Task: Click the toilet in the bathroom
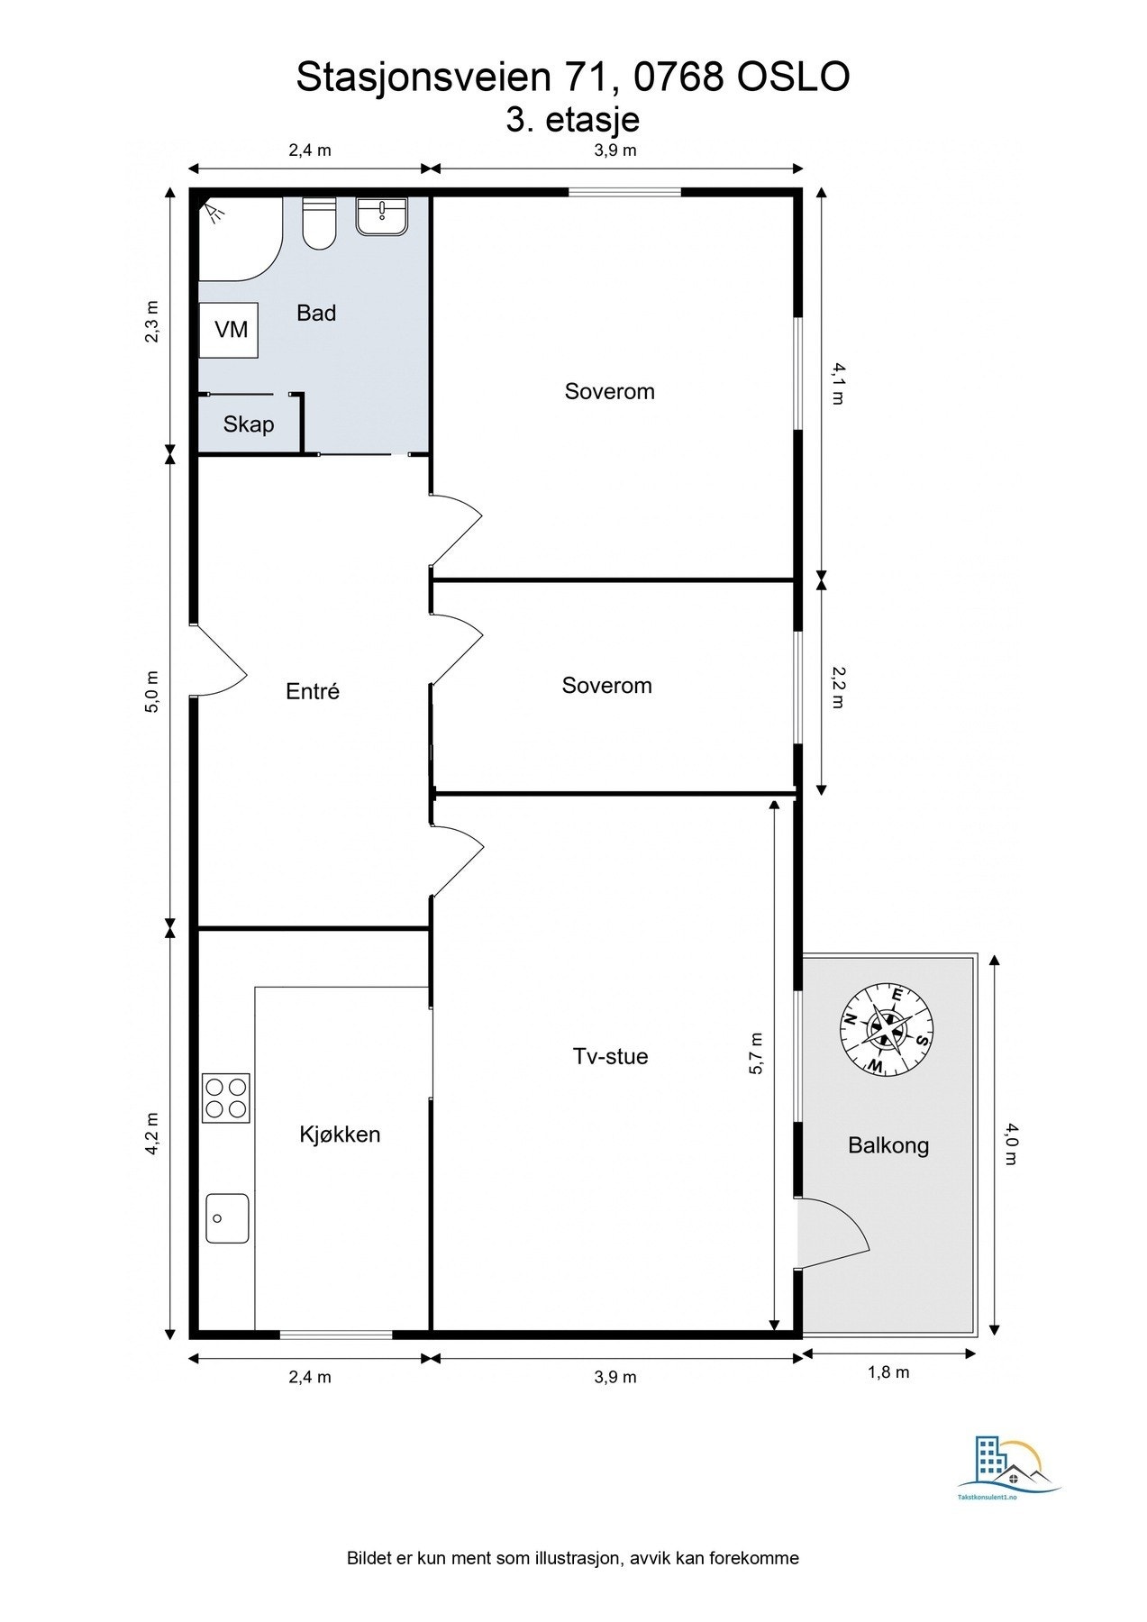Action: coord(319,225)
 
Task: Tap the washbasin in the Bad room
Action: coord(381,216)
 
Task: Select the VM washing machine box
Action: coord(230,330)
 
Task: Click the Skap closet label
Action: coord(249,424)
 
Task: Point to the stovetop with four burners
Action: coord(225,1098)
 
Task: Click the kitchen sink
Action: coord(227,1217)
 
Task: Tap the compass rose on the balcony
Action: coord(888,1030)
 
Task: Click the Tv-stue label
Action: coord(610,1056)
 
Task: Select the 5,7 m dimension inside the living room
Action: coord(756,1052)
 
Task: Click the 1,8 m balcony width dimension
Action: coord(888,1372)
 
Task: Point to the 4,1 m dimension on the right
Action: coord(837,382)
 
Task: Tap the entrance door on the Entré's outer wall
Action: coord(218,661)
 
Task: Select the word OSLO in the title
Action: coord(793,77)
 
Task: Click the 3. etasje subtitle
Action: coord(573,120)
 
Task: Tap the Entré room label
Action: coord(313,691)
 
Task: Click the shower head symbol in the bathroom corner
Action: coord(213,213)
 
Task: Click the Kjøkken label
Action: coord(340,1134)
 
